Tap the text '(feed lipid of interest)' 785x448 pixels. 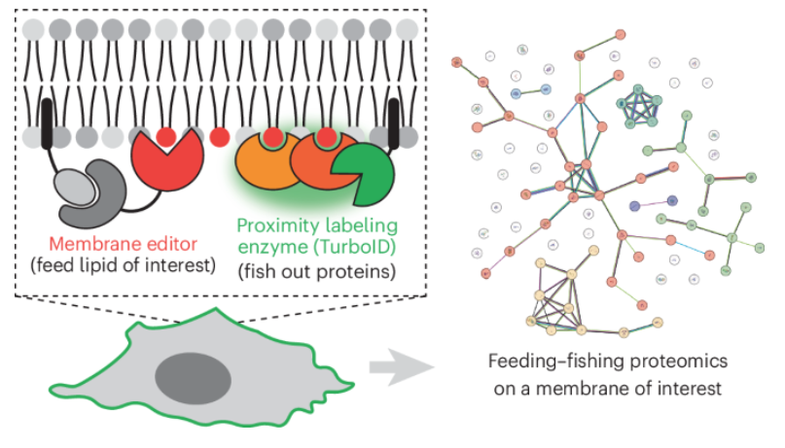tap(121, 265)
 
